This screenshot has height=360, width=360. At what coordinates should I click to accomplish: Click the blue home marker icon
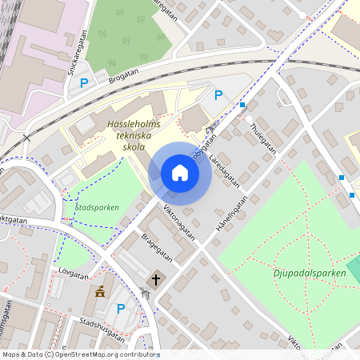[x=179, y=173]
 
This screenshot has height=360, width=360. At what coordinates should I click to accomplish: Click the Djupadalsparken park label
[x=308, y=274]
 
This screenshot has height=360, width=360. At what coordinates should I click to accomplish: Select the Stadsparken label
[x=96, y=207]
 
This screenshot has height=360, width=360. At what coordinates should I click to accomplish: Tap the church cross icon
[x=155, y=280]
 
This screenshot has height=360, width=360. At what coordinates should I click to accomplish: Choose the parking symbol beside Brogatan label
[x=83, y=81]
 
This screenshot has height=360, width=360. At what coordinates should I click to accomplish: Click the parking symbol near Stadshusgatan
[x=122, y=308]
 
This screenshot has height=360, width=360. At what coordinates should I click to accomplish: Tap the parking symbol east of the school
[x=218, y=95]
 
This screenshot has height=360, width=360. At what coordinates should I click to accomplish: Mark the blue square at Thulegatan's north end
[x=242, y=105]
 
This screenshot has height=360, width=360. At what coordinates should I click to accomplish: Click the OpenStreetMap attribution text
[x=80, y=354]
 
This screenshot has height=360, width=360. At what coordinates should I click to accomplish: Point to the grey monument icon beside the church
[x=145, y=294]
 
